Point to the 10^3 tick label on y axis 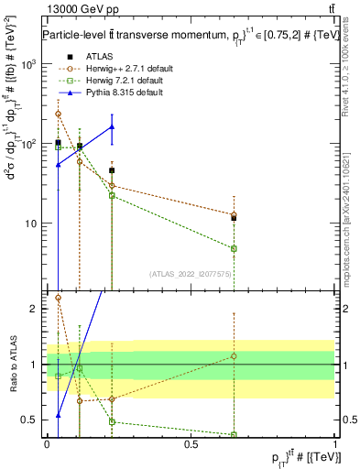click(29, 65)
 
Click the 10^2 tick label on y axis click(29, 145)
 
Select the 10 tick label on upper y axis click(31, 224)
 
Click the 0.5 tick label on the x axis click(191, 444)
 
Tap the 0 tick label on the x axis click(47, 444)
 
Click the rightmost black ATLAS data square click(235, 218)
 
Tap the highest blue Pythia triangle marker click(112, 127)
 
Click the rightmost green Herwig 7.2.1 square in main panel click(235, 248)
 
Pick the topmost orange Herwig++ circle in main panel click(59, 115)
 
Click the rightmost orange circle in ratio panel click(235, 355)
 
